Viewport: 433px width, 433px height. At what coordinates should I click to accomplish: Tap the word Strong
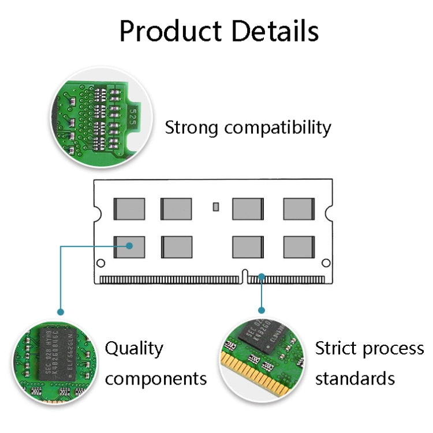click(x=192, y=128)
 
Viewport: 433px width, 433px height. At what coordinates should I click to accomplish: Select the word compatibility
click(x=278, y=128)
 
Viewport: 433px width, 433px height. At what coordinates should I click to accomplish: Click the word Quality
click(x=134, y=349)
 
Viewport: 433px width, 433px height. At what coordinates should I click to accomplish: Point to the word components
click(x=156, y=379)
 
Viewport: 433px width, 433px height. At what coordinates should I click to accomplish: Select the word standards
click(x=354, y=379)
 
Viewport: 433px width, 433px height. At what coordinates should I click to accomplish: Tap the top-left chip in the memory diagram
click(x=129, y=208)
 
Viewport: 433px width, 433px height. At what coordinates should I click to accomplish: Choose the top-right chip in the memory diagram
click(x=298, y=208)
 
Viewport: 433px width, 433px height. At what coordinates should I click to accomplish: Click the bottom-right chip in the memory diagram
click(x=298, y=247)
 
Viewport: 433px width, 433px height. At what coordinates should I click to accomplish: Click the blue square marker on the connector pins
click(x=262, y=278)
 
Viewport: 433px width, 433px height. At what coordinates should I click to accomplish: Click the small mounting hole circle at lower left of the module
click(x=100, y=264)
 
